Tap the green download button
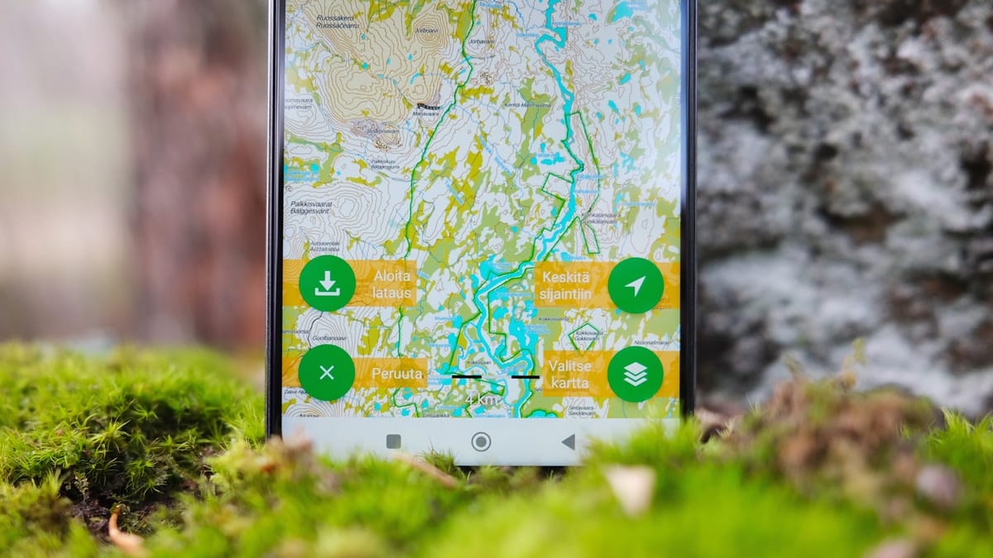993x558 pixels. pyautogui.click(x=327, y=284)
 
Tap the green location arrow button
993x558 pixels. pyautogui.click(x=636, y=286)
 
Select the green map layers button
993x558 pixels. pyautogui.click(x=636, y=374)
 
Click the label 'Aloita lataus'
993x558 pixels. pyautogui.click(x=392, y=284)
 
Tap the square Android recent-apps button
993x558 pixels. pyautogui.click(x=394, y=441)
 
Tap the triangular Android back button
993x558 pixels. pyautogui.click(x=568, y=441)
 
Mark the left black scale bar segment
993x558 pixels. pyautogui.click(x=467, y=376)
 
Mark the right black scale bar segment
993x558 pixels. pyautogui.click(x=525, y=376)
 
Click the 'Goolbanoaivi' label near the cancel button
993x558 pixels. pyautogui.click(x=307, y=339)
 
